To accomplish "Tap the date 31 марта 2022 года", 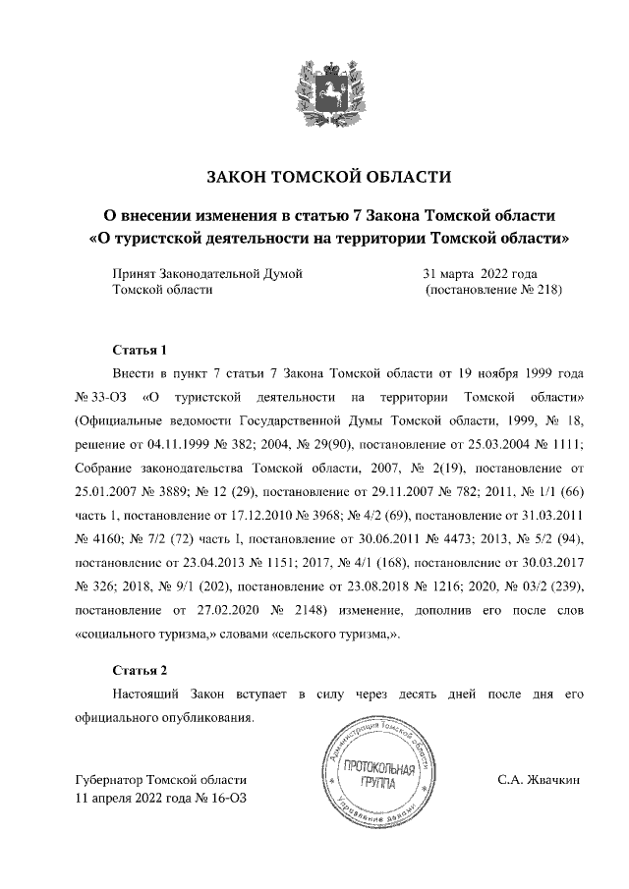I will [x=480, y=273].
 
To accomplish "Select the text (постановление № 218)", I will [x=492, y=291].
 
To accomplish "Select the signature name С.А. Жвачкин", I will [x=540, y=780].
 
